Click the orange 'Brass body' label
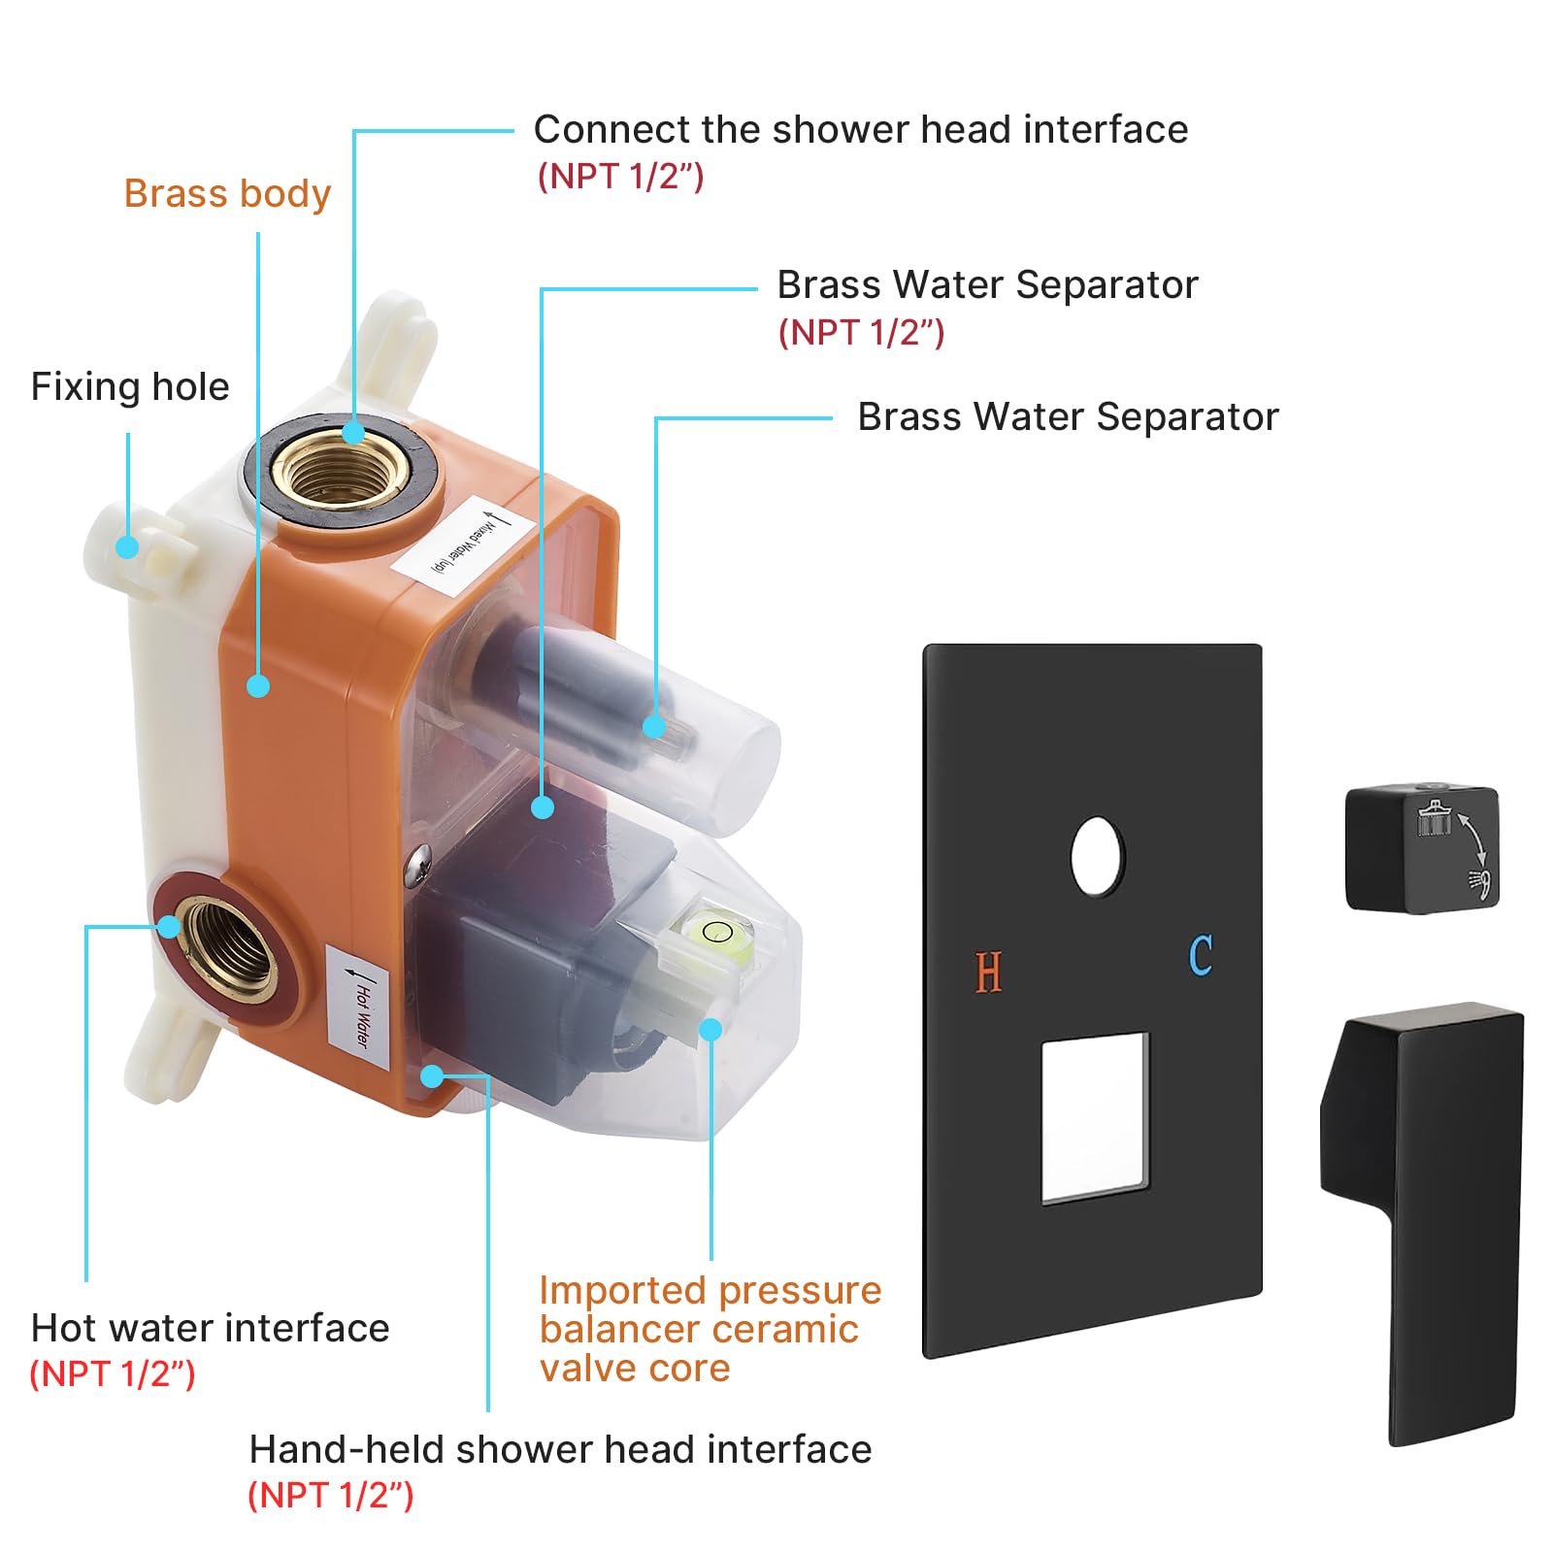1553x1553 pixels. point(227,194)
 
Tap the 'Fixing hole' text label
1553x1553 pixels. point(130,387)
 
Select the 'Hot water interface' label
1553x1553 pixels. point(210,1328)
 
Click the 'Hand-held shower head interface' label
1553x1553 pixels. point(560,1449)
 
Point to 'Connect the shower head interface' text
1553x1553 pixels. point(860,130)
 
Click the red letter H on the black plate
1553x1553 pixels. point(988,972)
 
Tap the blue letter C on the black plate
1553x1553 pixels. point(1201,956)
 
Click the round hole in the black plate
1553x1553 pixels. point(1098,855)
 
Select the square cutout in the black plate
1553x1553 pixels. point(1095,1117)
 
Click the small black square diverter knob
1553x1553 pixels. point(1421,849)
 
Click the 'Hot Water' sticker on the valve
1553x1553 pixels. point(359,1007)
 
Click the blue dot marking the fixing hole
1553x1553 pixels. point(127,546)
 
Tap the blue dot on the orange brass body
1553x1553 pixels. point(258,686)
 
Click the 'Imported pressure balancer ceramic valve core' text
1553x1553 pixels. point(709,1329)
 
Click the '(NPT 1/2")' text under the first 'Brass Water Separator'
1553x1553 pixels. point(861,333)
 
